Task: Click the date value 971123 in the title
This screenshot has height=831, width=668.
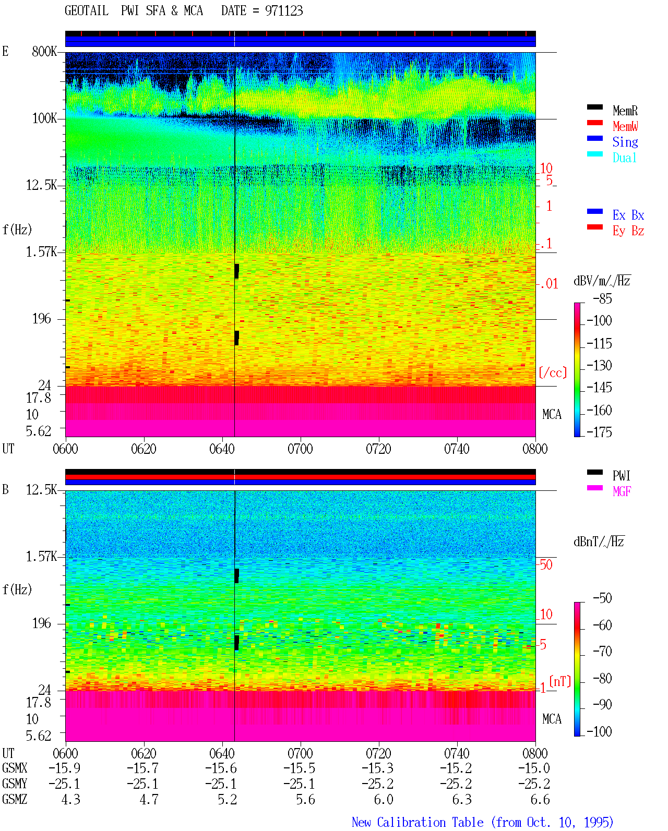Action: tap(283, 11)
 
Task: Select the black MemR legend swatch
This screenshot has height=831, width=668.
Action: tap(594, 107)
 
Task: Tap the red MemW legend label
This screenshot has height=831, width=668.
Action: tap(625, 126)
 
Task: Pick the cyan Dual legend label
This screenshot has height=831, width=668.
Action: tap(624, 158)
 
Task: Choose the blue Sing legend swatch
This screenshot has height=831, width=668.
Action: tap(594, 138)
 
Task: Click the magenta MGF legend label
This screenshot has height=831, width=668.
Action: tap(622, 491)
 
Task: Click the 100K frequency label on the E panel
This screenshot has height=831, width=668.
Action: tap(44, 118)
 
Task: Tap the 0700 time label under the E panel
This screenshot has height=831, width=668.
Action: tap(300, 449)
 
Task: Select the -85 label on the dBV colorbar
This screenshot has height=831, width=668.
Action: tap(602, 298)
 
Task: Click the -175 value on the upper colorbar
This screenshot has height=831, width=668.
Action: tap(599, 432)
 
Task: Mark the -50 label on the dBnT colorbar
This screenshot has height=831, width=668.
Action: tap(602, 598)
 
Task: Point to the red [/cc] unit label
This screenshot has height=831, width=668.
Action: tap(553, 372)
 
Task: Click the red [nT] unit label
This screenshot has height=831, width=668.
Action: tap(560, 681)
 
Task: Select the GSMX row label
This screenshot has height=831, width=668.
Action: tap(15, 768)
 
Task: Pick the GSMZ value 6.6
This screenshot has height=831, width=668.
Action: tap(540, 799)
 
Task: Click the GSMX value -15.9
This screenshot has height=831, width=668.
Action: tap(65, 768)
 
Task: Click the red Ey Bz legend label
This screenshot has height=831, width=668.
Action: tap(628, 231)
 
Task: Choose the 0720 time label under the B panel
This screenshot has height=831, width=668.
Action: tap(379, 753)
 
